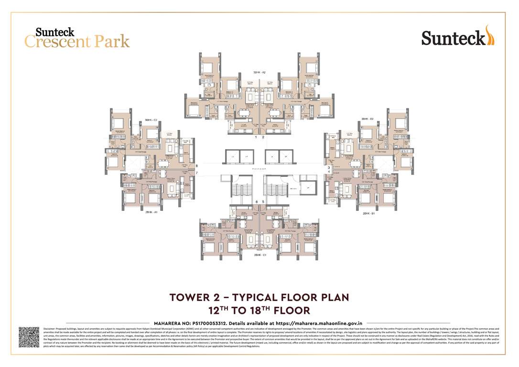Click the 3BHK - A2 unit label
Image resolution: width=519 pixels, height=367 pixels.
pyautogui.click(x=259, y=72)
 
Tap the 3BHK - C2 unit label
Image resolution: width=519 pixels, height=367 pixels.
pyautogui.click(x=151, y=119)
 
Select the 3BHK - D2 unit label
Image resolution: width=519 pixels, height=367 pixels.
pyautogui.click(x=368, y=119)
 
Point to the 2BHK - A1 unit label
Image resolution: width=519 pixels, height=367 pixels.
pyautogui.click(x=151, y=212)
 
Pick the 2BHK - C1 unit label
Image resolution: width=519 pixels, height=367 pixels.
pyautogui.click(x=260, y=256)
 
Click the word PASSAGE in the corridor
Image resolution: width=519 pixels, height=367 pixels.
pyautogui.click(x=259, y=169)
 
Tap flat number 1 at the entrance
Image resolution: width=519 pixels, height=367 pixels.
pyautogui.click(x=256, y=137)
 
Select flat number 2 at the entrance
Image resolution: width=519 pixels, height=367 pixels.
pyautogui.click(x=263, y=137)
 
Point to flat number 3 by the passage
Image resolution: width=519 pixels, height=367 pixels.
pyautogui.click(x=328, y=168)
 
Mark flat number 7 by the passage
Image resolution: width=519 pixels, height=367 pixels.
pyautogui.click(x=196, y=172)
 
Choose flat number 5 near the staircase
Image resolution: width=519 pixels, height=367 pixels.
pyautogui.click(x=263, y=202)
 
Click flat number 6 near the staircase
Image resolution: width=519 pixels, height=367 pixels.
pyautogui.click(x=257, y=202)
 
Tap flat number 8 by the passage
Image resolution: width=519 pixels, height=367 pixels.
pyautogui.click(x=196, y=166)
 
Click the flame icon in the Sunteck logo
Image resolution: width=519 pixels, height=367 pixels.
pyautogui.click(x=490, y=35)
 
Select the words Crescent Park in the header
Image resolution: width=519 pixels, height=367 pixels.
pyautogui.click(x=77, y=42)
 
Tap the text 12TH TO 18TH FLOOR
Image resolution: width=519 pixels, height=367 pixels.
pyautogui.click(x=259, y=310)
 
